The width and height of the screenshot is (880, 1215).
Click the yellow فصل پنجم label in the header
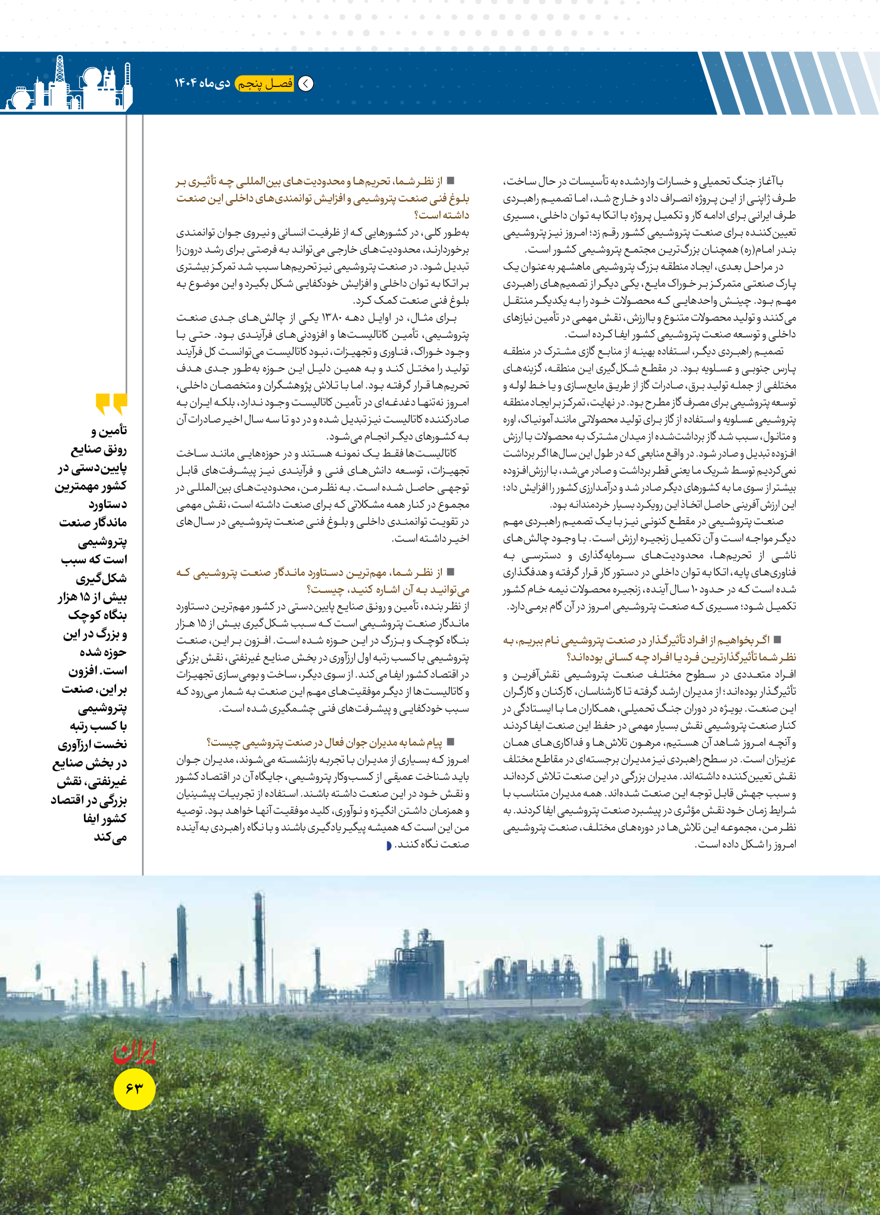265,84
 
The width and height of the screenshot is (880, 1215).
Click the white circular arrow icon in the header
306,84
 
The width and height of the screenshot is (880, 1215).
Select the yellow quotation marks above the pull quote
112,404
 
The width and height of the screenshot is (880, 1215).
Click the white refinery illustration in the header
67,86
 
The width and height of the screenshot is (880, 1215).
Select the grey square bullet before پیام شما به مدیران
451,742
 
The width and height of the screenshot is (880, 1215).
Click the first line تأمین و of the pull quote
109,431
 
